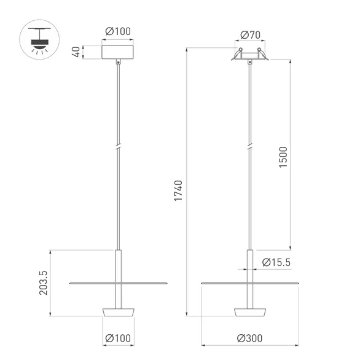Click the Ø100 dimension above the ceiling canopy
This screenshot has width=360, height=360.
[x=117, y=31]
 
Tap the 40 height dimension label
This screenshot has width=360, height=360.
[x=76, y=52]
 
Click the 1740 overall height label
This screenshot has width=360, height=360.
[x=178, y=192]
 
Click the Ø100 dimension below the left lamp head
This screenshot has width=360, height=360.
[x=117, y=338]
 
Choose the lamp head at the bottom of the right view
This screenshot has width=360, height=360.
[x=249, y=311]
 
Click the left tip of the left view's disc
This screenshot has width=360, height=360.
[x=71, y=283]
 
